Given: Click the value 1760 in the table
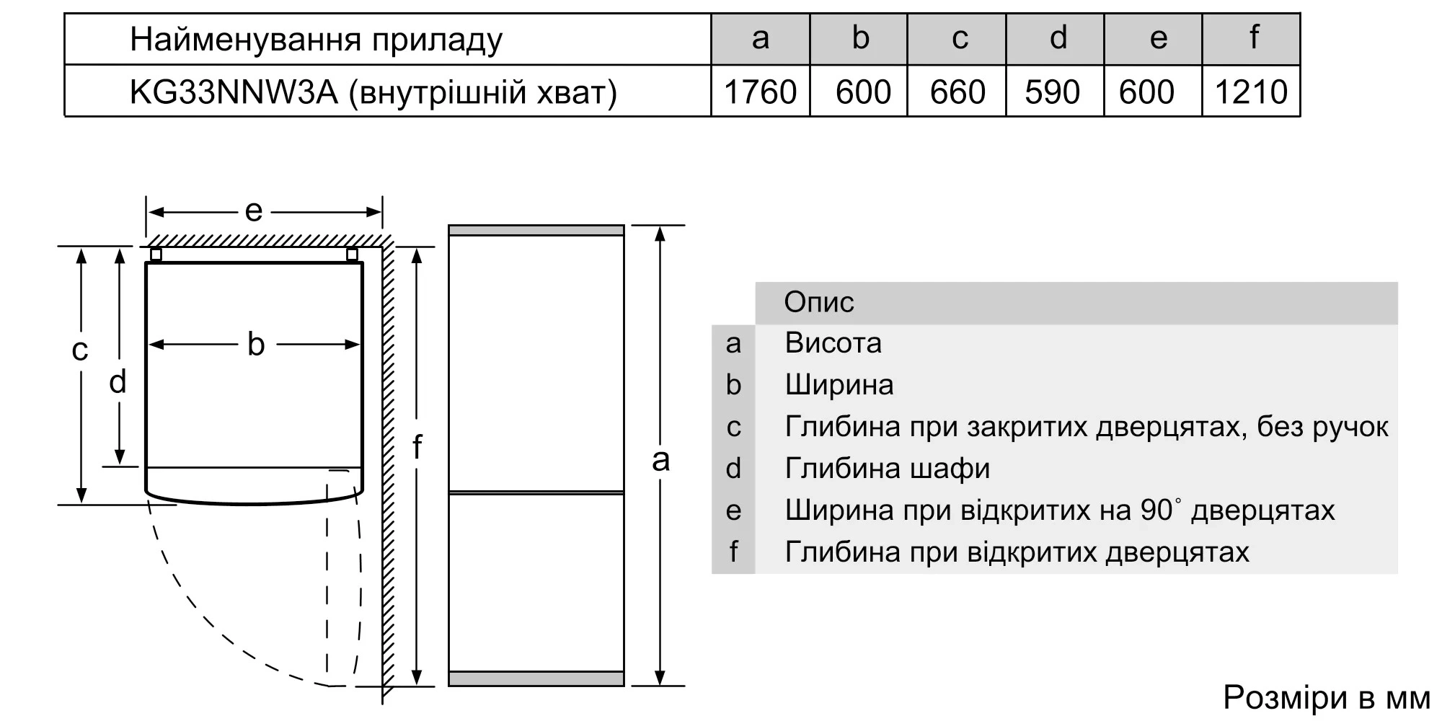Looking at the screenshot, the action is click(x=760, y=92).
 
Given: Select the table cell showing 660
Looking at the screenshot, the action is click(x=957, y=92).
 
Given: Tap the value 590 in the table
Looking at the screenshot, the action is click(x=1053, y=92).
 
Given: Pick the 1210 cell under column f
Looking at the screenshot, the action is click(x=1251, y=92).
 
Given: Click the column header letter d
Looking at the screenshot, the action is click(x=1058, y=37).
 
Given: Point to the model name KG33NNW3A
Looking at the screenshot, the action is click(x=234, y=92).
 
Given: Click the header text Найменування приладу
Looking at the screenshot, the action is click(x=316, y=40).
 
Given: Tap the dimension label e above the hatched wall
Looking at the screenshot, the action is click(x=253, y=211).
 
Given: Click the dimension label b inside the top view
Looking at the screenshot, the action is click(x=256, y=344).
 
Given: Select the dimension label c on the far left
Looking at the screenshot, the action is click(x=79, y=350).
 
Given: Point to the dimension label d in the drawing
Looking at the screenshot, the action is click(x=118, y=381).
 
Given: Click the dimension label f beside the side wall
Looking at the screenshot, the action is click(x=417, y=447).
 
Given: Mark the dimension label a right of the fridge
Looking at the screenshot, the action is click(x=660, y=460).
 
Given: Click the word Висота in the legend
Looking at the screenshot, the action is click(x=833, y=342).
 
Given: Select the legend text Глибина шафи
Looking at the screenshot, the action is click(x=888, y=469).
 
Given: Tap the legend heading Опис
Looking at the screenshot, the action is click(x=819, y=302).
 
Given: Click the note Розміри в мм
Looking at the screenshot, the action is click(x=1327, y=698).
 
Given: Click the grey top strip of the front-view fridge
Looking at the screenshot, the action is click(x=536, y=230).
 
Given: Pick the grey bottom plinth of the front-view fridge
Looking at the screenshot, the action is click(x=536, y=678).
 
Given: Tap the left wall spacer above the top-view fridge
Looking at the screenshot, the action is click(x=156, y=254).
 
